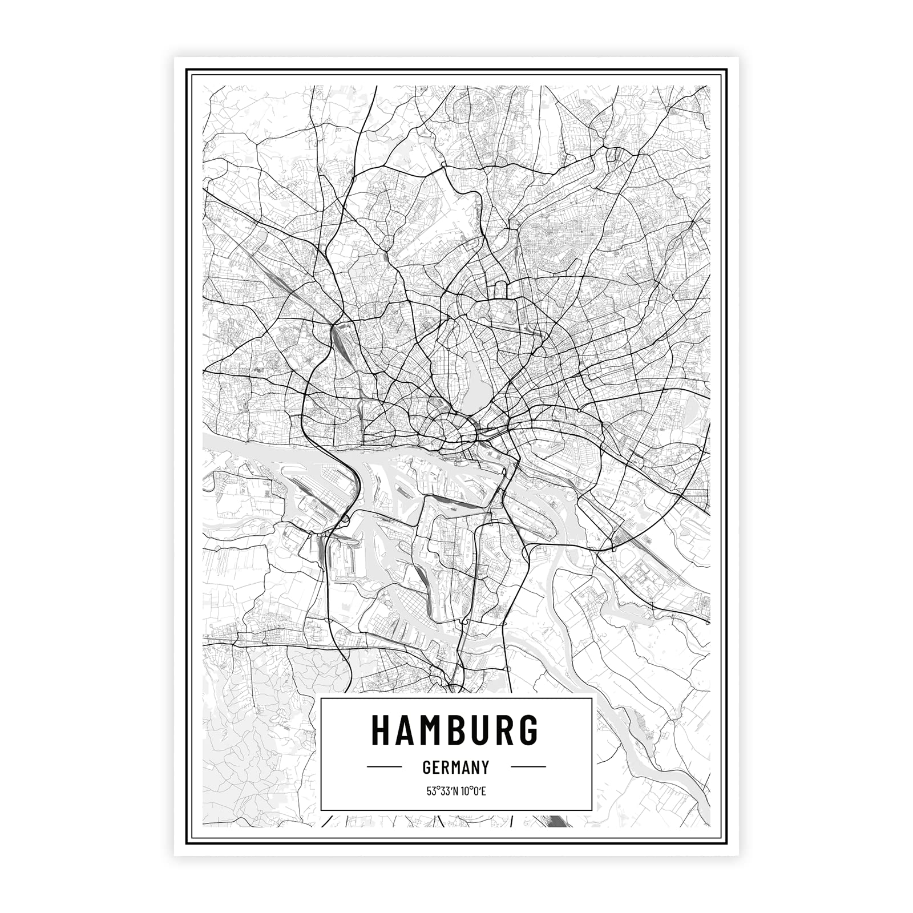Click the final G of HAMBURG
click(528, 730)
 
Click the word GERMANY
click(456, 767)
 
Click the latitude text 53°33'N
click(441, 791)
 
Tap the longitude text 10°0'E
click(472, 791)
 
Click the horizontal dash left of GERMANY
click(384, 767)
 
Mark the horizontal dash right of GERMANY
click(528, 767)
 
